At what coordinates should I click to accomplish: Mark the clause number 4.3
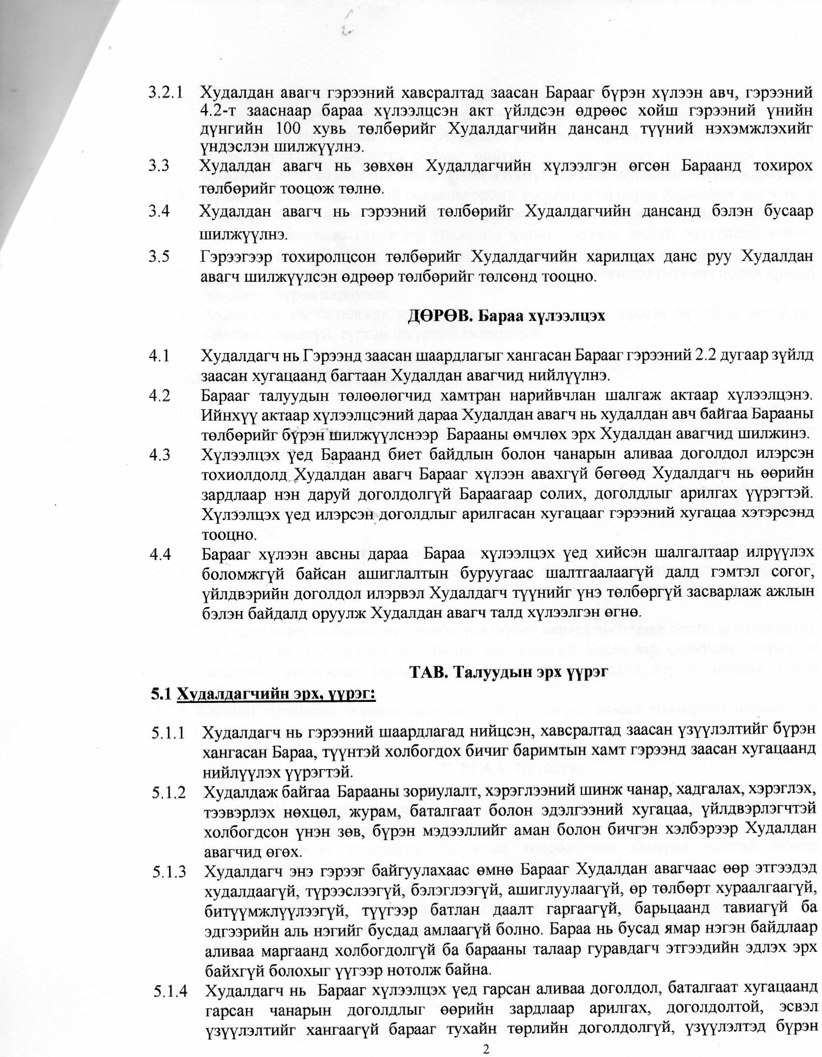click(159, 453)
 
